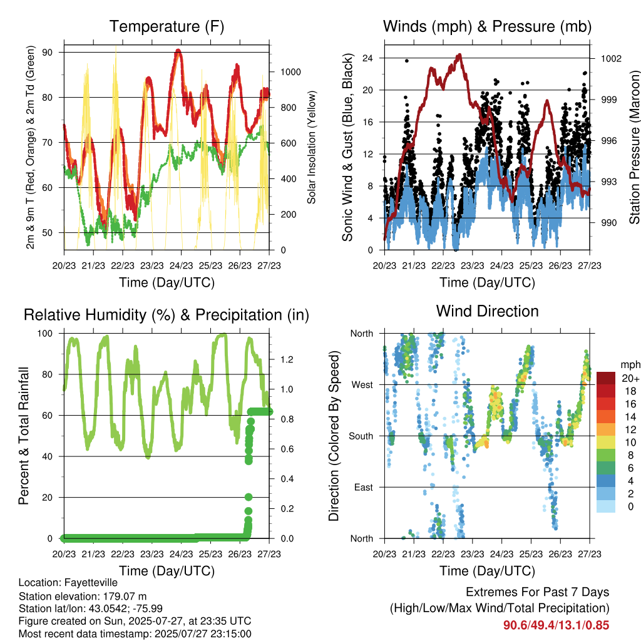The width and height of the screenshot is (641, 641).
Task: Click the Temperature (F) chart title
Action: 167,26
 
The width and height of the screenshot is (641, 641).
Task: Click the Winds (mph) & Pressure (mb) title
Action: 487,26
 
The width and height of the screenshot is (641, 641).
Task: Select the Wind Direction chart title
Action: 487,311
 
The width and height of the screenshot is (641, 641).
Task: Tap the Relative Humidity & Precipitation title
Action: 167,315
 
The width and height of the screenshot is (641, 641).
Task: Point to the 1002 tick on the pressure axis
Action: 611,58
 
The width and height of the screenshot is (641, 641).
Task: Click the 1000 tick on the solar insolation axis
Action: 290,72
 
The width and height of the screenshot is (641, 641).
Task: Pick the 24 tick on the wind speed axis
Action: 367,58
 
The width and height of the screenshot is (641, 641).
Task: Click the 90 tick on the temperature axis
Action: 48,53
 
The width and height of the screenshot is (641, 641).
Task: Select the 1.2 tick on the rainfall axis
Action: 287,360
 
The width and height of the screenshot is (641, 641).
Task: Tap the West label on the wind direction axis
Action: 362,385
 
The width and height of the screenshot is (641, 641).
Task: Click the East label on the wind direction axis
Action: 364,487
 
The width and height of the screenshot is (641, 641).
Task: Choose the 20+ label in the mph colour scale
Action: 630,379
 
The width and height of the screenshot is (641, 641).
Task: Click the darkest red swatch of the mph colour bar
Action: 606,378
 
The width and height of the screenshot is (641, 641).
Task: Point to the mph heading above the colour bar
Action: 630,365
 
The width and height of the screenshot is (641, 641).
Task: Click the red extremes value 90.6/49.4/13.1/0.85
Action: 556,625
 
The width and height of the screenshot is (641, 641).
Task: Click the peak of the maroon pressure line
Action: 460,54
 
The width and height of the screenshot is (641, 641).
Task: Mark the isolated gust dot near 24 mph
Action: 406,61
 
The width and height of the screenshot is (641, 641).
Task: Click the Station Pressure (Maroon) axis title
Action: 634,147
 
